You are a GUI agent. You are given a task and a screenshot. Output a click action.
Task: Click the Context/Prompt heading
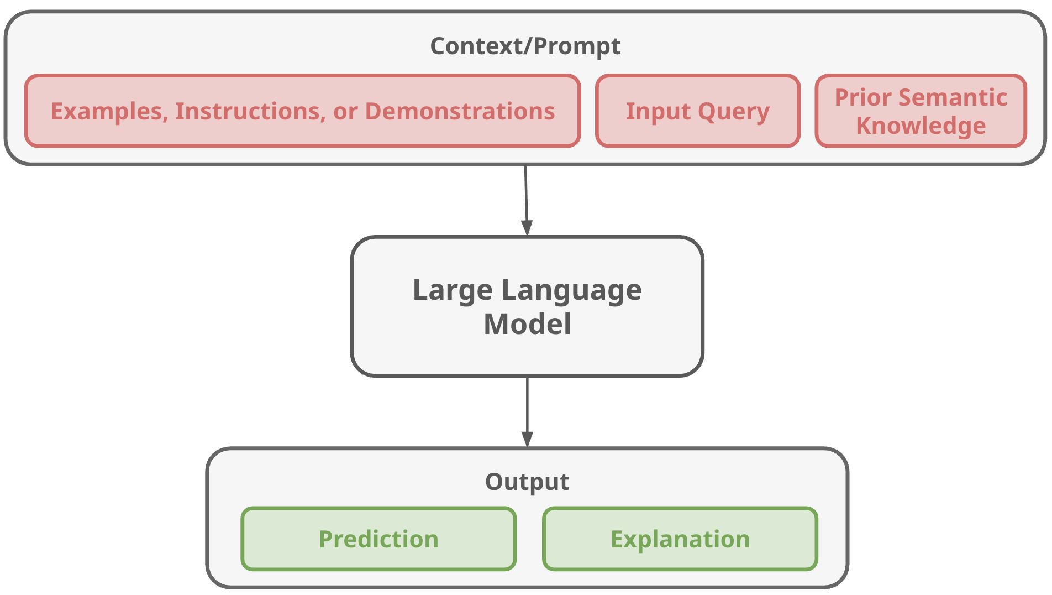click(525, 46)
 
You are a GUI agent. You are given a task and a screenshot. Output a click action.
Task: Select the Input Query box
click(697, 111)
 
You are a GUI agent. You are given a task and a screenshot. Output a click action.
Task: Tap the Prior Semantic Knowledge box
click(921, 111)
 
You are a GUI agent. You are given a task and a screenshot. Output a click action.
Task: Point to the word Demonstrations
click(460, 111)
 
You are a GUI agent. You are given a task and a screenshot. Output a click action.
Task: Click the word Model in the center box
click(527, 324)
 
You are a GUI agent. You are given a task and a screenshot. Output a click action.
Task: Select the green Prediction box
click(378, 539)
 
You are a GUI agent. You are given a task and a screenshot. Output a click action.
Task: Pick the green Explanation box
click(680, 539)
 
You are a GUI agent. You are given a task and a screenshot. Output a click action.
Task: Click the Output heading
click(527, 482)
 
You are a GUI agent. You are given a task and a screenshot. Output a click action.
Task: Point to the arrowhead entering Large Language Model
click(527, 228)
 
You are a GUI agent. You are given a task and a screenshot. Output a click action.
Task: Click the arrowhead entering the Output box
click(527, 439)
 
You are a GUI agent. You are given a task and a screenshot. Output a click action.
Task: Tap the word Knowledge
click(921, 126)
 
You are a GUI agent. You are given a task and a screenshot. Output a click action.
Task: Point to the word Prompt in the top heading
click(577, 46)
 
